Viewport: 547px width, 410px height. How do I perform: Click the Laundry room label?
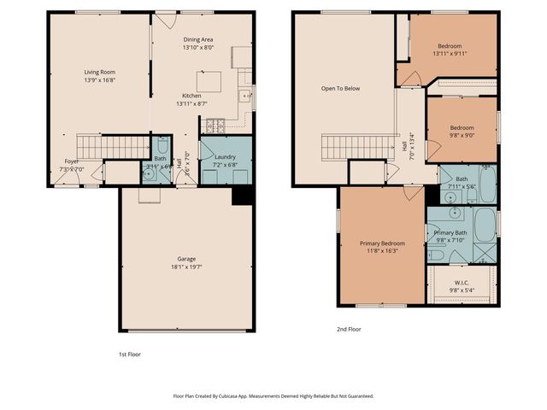(x=226, y=156)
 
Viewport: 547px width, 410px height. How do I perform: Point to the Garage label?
(x=186, y=258)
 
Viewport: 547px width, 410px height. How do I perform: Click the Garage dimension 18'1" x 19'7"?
(x=186, y=266)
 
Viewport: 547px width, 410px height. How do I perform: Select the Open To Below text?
(x=338, y=88)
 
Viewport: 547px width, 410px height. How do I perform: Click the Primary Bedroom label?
(x=382, y=243)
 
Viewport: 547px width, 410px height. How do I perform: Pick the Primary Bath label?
(x=450, y=232)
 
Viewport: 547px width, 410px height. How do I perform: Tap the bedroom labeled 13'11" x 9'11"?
(x=452, y=45)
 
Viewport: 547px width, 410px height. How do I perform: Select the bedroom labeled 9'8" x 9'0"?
(x=462, y=127)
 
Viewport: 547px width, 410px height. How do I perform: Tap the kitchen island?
(x=210, y=81)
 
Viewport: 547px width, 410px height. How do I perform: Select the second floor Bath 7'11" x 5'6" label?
(x=461, y=179)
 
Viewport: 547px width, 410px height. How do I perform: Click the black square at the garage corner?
(x=243, y=196)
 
